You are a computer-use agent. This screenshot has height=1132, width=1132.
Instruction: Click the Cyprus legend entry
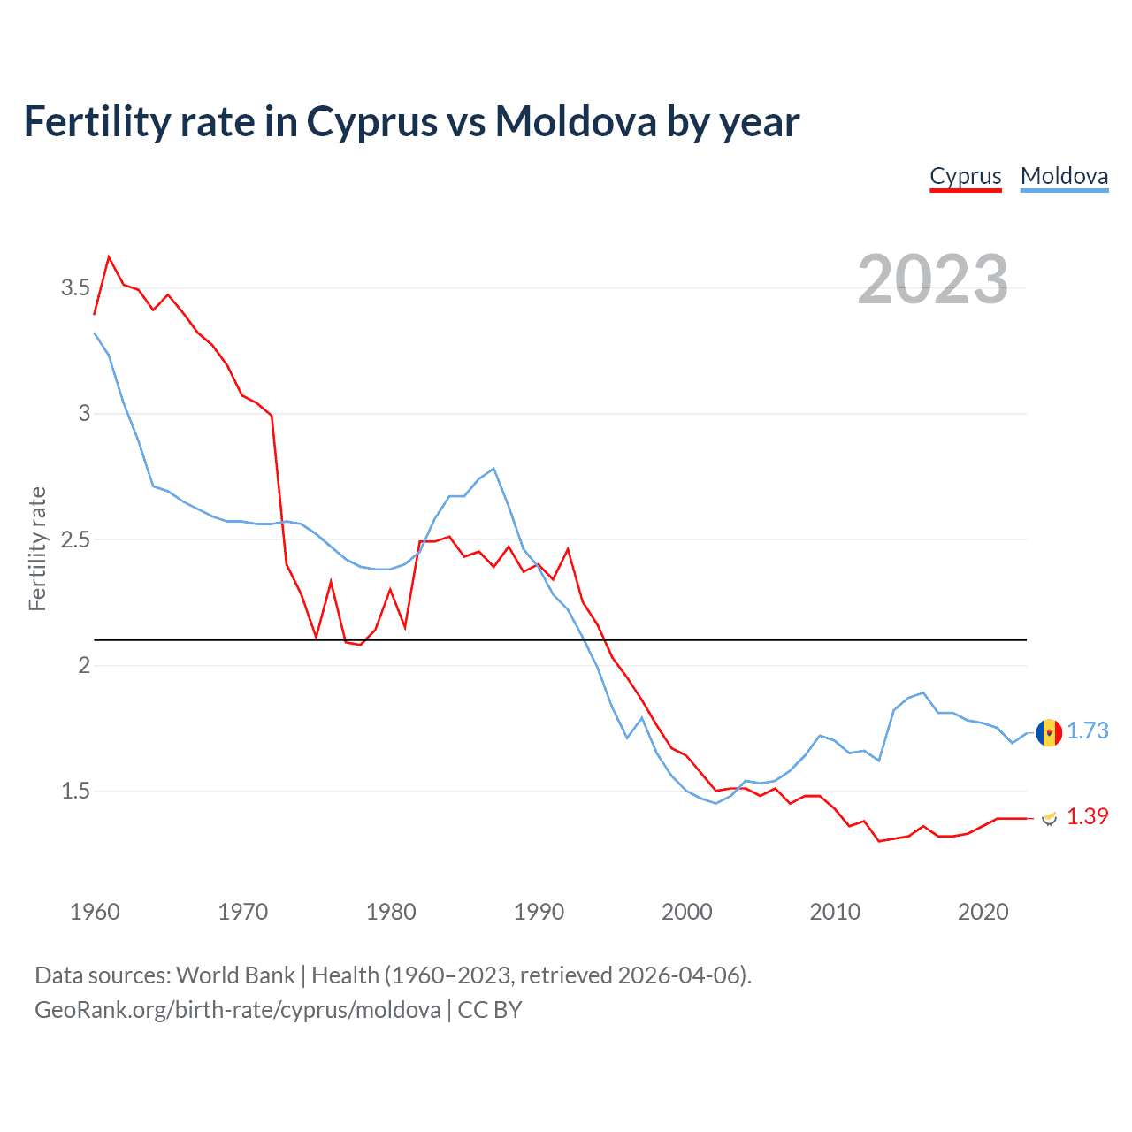tap(965, 176)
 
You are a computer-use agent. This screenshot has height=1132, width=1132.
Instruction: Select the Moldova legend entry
tap(1064, 176)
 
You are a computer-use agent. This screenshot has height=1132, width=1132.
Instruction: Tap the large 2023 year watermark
tap(933, 279)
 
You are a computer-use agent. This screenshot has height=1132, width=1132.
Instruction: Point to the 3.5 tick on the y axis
tap(75, 288)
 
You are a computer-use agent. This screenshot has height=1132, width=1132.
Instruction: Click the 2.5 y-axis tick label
tap(75, 539)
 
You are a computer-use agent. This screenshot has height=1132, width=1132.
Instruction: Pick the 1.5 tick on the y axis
tap(75, 792)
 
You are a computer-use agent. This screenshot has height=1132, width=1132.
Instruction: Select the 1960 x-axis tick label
tap(95, 912)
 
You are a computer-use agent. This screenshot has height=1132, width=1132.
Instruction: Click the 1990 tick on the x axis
tap(539, 912)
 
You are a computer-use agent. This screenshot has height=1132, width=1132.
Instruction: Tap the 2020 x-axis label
tap(983, 912)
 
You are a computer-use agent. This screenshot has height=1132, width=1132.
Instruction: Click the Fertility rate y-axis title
tap(37, 548)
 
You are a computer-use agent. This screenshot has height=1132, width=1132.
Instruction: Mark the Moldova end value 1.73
tap(1087, 730)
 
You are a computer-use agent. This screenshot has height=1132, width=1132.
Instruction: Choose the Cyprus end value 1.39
tap(1087, 816)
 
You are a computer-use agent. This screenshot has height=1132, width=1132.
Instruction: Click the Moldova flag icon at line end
tap(1049, 732)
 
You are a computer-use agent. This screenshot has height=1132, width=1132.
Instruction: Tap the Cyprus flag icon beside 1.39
tap(1049, 818)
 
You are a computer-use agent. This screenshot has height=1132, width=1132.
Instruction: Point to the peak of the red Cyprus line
tap(109, 257)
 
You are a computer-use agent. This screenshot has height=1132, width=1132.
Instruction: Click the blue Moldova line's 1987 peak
tap(493, 469)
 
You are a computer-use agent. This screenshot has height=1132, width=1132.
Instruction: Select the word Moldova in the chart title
tap(575, 122)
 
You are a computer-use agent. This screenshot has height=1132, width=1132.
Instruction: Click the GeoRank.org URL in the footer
tap(237, 1010)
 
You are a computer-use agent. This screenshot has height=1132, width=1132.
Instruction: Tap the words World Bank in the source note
tap(235, 975)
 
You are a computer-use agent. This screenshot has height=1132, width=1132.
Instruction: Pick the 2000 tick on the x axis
tap(686, 912)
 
